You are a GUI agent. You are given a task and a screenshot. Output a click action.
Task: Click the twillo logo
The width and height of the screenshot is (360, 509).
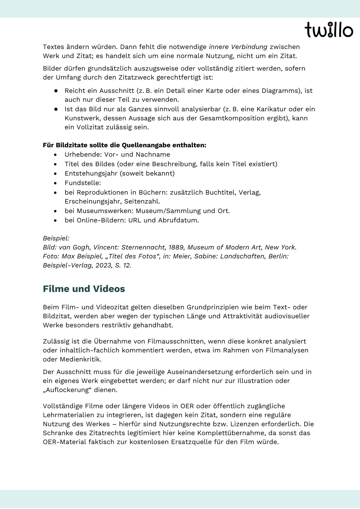329,30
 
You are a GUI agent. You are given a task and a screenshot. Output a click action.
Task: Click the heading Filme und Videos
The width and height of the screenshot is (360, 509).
84,289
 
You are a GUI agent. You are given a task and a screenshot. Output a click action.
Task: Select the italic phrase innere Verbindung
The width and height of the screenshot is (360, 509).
238,47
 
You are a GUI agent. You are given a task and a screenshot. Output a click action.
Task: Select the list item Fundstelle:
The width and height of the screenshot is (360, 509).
83,183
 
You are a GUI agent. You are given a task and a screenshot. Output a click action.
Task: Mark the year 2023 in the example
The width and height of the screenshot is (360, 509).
104,265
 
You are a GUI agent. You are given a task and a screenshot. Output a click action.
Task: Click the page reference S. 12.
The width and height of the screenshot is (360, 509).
123,265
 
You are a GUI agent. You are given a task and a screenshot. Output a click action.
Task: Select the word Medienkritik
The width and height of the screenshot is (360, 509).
81,359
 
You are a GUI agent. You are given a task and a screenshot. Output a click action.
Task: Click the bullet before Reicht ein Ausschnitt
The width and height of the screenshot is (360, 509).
56,91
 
